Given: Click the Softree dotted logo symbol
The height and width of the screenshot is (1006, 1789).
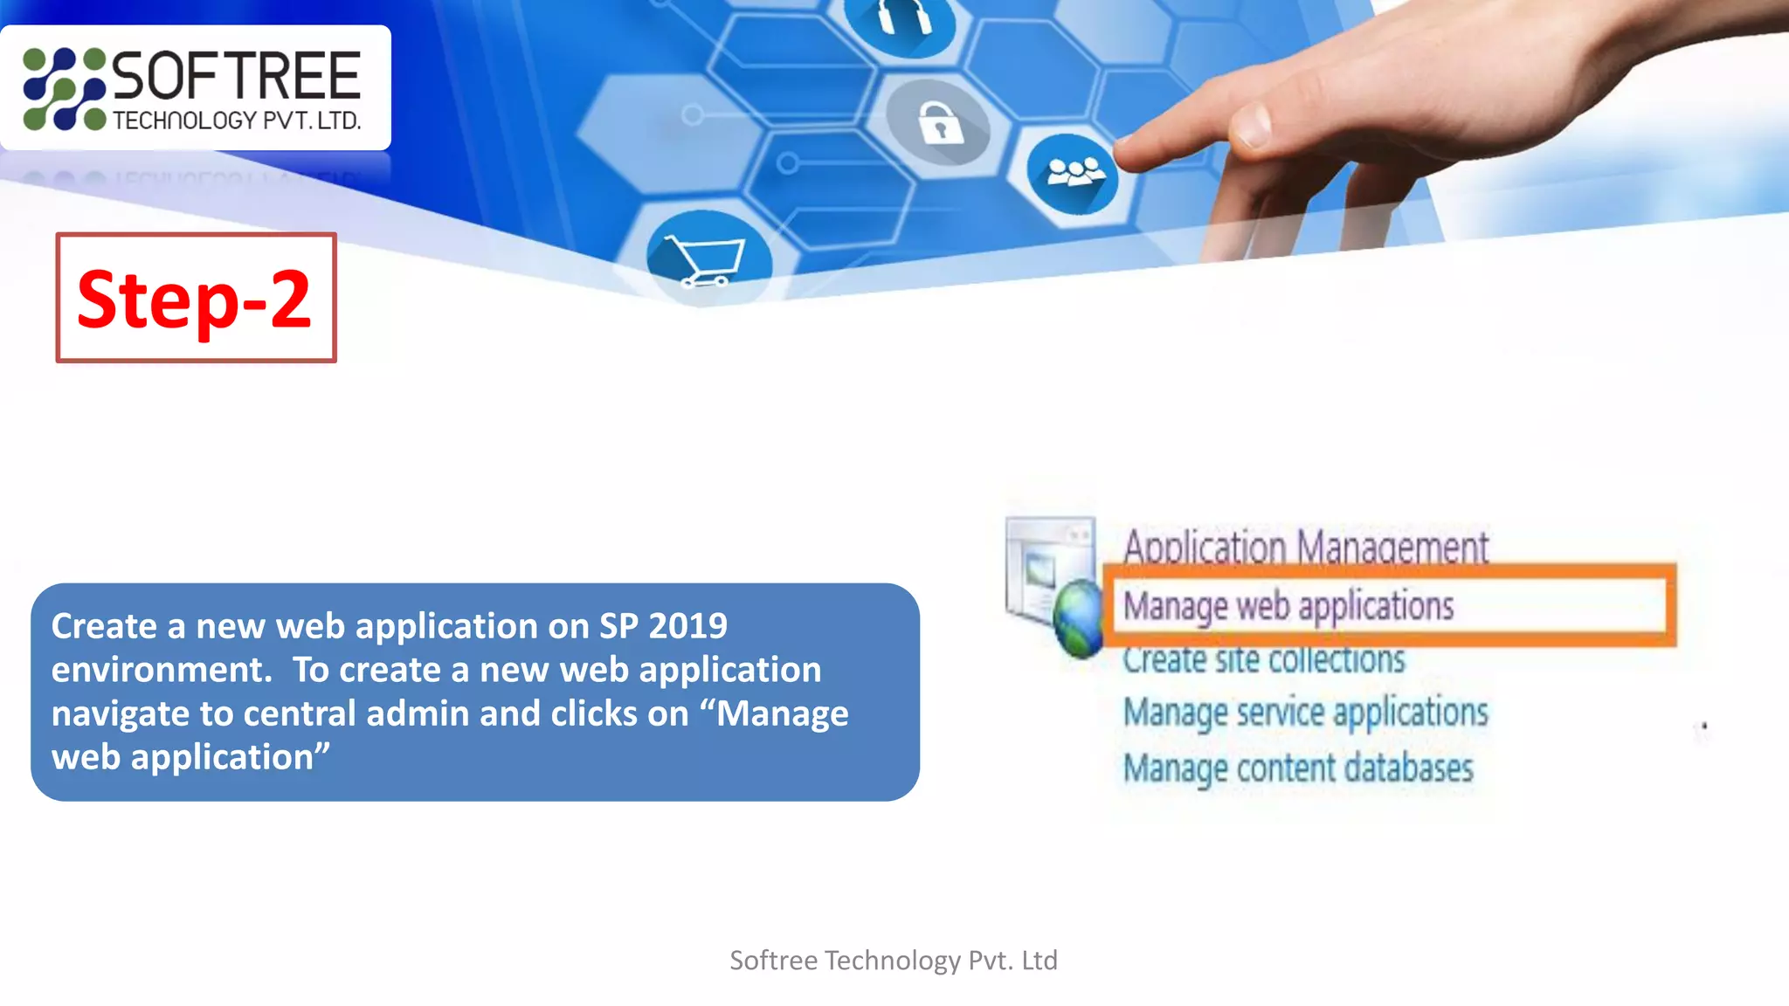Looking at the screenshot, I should (x=64, y=89).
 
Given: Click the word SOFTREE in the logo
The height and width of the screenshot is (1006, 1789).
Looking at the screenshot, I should (x=237, y=76).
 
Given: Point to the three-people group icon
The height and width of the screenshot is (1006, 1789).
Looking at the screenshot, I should (x=1073, y=173).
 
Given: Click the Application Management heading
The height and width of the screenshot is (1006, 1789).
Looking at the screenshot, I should (x=1305, y=547).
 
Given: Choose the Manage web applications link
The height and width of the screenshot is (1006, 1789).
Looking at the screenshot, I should (x=1288, y=605).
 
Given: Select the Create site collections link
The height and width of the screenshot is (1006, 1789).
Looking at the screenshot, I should (x=1263, y=659).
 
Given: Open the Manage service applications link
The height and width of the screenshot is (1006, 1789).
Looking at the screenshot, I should (x=1305, y=713).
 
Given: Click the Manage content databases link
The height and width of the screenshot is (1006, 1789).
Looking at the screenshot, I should (x=1298, y=768).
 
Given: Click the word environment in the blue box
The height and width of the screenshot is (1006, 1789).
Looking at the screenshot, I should (x=156, y=670).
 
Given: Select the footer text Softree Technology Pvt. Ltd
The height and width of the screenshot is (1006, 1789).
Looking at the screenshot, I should (x=894, y=961).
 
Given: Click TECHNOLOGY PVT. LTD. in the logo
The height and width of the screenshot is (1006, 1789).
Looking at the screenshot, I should (x=237, y=121).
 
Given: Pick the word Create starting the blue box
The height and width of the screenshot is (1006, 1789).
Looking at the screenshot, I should (x=104, y=626).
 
